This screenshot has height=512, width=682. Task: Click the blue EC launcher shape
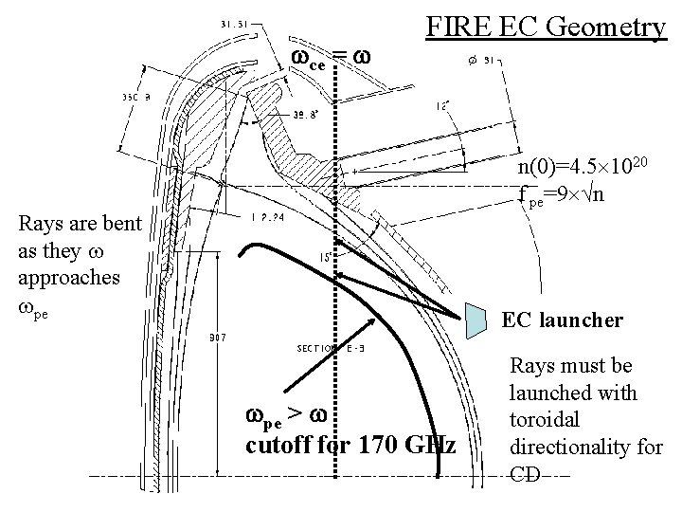click(x=479, y=320)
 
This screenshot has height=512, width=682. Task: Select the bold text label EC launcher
click(x=562, y=320)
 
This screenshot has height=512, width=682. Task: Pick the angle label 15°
click(x=325, y=256)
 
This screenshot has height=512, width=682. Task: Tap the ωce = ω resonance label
click(x=330, y=59)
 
